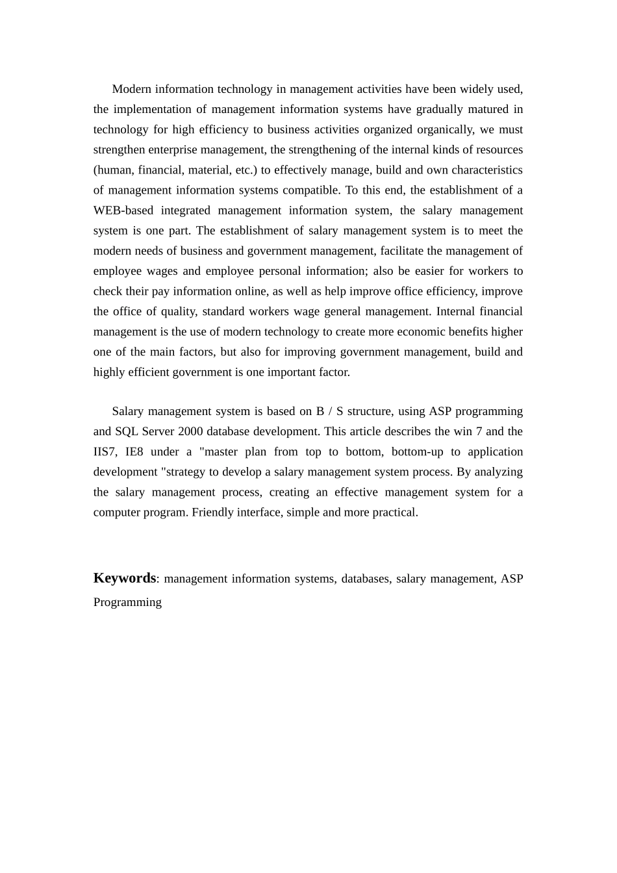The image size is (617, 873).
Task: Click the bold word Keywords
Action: [125, 578]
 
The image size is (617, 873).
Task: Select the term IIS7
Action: [105, 451]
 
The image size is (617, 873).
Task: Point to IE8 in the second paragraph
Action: [134, 451]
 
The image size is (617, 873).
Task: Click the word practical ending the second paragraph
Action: [394, 512]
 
